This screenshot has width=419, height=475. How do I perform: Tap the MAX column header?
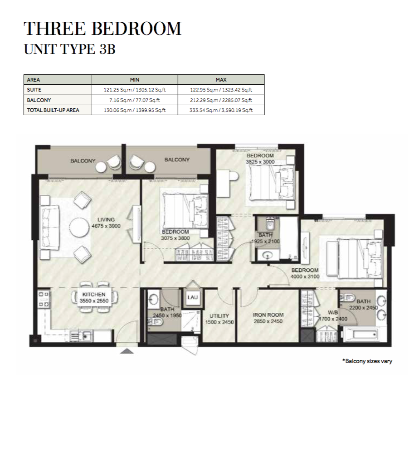pyautogui.click(x=221, y=80)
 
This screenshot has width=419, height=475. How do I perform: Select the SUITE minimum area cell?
pyautogui.click(x=135, y=90)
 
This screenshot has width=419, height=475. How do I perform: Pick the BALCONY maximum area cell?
pyautogui.click(x=221, y=100)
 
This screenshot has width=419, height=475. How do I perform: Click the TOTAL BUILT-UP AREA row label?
pyautogui.click(x=53, y=110)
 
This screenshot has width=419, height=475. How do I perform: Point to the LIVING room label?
pyautogui.click(x=106, y=220)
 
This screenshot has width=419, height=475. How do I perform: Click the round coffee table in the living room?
pyautogui.click(x=80, y=228)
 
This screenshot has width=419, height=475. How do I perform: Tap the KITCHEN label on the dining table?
pyautogui.click(x=94, y=294)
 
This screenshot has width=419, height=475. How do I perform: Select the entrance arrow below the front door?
pyautogui.click(x=127, y=351)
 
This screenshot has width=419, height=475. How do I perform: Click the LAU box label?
pyautogui.click(x=193, y=297)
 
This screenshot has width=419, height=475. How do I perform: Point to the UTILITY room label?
pyautogui.click(x=219, y=315)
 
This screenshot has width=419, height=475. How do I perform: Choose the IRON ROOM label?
pyautogui.click(x=268, y=315)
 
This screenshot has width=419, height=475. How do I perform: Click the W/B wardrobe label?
pyautogui.click(x=332, y=313)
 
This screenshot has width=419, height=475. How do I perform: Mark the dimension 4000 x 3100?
pyautogui.click(x=305, y=276)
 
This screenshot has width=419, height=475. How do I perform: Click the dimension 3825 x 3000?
pyautogui.click(x=260, y=162)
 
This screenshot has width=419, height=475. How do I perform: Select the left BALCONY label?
pyautogui.click(x=83, y=161)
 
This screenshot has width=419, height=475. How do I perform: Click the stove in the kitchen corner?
pyautogui.click(x=44, y=299)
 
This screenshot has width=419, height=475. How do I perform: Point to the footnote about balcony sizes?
pyautogui.click(x=367, y=361)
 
